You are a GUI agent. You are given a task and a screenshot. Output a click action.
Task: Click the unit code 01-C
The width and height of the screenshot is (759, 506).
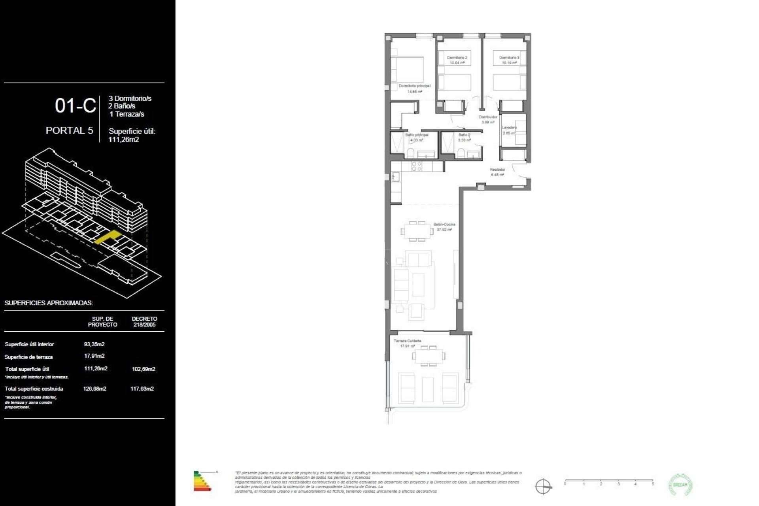click(75, 106)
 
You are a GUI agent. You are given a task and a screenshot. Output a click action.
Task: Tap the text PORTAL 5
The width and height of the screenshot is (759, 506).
click(70, 130)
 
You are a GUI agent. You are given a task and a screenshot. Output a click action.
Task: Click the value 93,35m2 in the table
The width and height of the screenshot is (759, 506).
click(94, 344)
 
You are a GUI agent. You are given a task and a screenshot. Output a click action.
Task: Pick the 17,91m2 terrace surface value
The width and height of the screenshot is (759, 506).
click(94, 356)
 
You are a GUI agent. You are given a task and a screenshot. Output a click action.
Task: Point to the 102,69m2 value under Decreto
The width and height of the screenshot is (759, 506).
click(143, 369)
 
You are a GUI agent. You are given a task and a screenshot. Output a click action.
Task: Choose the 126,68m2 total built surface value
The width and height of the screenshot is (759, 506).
click(94, 389)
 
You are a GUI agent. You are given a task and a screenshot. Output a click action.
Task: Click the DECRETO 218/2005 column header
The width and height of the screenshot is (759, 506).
click(144, 322)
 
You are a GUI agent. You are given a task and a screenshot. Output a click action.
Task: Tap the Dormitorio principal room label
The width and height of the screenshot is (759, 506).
click(414, 86)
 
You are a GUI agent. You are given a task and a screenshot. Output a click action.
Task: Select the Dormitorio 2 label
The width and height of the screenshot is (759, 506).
click(457, 58)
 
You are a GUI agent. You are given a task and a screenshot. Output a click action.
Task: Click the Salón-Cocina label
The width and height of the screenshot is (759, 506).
click(444, 225)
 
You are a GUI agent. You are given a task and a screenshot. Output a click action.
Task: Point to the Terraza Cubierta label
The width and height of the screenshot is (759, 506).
click(407, 341)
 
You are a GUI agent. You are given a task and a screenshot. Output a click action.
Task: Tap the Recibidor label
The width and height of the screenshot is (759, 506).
click(497, 170)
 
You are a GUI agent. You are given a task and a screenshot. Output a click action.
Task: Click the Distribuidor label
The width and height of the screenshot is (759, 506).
click(488, 117)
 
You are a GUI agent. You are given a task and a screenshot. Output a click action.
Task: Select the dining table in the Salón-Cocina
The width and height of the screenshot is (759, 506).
click(417, 231)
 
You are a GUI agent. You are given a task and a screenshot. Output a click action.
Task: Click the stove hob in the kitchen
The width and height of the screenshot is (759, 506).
click(417, 166)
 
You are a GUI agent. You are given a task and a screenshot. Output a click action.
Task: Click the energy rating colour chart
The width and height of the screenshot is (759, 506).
click(202, 481)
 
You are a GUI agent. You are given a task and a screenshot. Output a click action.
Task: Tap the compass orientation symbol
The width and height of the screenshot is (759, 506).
click(543, 486)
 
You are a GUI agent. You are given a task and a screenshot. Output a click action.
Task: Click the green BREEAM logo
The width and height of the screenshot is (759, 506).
click(680, 485)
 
